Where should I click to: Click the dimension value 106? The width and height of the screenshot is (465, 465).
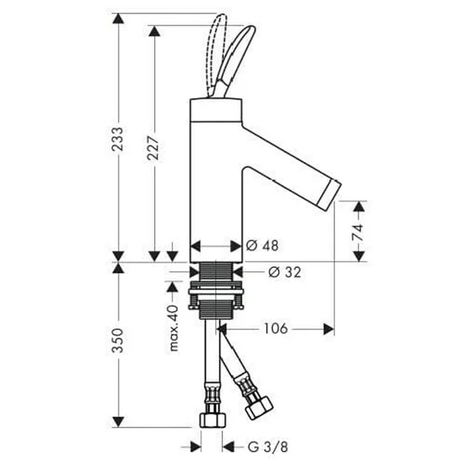[275, 329]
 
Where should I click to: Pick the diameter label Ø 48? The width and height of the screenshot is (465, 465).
[262, 246]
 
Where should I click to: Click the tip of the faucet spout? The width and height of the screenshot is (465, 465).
[336, 193]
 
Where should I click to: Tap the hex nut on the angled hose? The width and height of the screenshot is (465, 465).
[258, 405]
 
